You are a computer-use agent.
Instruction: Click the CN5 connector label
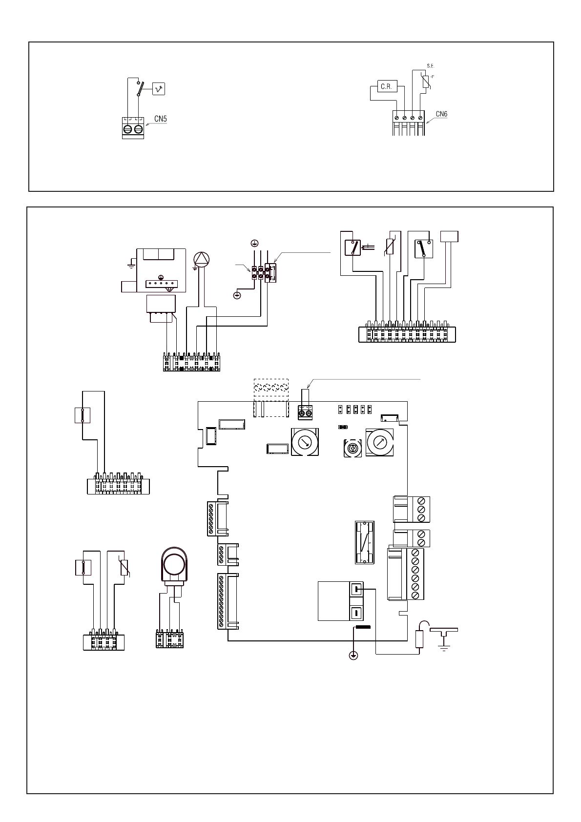click(x=161, y=119)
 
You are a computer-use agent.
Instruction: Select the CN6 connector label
click(x=441, y=115)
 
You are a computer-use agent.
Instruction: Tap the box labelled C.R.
click(x=387, y=86)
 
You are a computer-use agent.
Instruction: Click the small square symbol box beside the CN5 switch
click(x=159, y=89)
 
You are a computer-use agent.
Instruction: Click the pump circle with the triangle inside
click(x=201, y=259)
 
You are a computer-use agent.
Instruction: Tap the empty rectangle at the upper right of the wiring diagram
click(x=449, y=236)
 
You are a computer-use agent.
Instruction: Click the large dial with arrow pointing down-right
click(x=305, y=442)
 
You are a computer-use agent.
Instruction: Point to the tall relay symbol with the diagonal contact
click(x=364, y=542)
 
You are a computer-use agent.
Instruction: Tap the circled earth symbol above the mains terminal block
click(x=254, y=243)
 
